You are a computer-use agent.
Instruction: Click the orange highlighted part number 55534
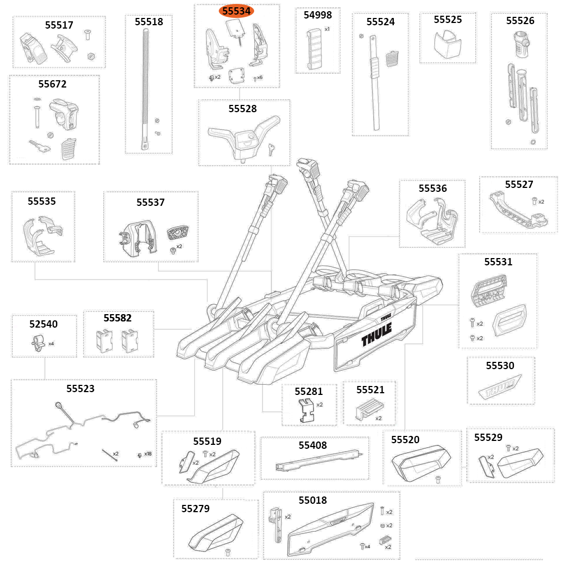pos(237,11)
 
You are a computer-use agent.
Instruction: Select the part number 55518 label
pos(149,22)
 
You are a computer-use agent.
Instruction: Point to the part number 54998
pos(318,15)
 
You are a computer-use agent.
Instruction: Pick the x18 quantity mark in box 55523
pos(148,454)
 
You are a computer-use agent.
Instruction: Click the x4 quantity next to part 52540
pos(51,343)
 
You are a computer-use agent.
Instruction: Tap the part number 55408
pos(312,445)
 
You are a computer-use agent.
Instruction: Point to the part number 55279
pos(195,509)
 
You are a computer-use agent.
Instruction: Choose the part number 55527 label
pos(519,185)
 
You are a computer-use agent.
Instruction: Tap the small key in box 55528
pos(272,148)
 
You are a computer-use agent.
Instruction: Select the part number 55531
pos(498,261)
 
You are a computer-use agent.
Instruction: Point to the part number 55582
pos(118,318)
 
